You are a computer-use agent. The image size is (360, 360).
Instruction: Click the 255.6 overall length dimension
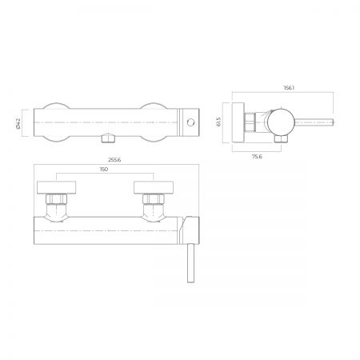[114, 160]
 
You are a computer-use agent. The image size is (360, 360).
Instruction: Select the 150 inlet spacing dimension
[104, 170]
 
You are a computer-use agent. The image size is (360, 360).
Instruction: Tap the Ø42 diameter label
[18, 123]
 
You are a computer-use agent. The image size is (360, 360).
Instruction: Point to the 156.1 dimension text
[289, 88]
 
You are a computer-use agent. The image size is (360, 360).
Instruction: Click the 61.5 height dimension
[218, 122]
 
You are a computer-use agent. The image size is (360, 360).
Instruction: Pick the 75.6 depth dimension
[257, 157]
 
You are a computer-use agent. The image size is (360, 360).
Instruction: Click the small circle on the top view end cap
[190, 122]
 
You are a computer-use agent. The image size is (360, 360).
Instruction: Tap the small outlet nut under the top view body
[107, 138]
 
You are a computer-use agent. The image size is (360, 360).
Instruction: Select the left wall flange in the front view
[56, 187]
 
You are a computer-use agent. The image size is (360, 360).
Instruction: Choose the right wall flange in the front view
[154, 187]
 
